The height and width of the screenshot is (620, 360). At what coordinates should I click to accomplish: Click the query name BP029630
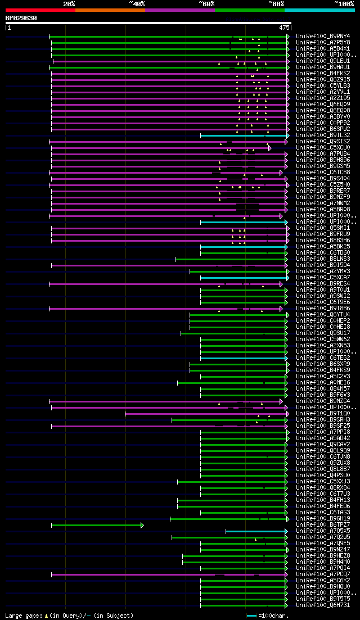21,18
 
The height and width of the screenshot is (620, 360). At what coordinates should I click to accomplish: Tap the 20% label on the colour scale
69,4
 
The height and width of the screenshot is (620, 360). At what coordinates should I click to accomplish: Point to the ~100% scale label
344,4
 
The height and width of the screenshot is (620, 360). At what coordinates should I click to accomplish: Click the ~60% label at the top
206,4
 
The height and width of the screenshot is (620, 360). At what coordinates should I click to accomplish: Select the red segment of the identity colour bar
39,10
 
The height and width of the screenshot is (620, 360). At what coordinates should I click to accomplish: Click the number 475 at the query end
284,27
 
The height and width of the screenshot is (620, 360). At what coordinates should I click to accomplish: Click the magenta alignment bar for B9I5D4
169,265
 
